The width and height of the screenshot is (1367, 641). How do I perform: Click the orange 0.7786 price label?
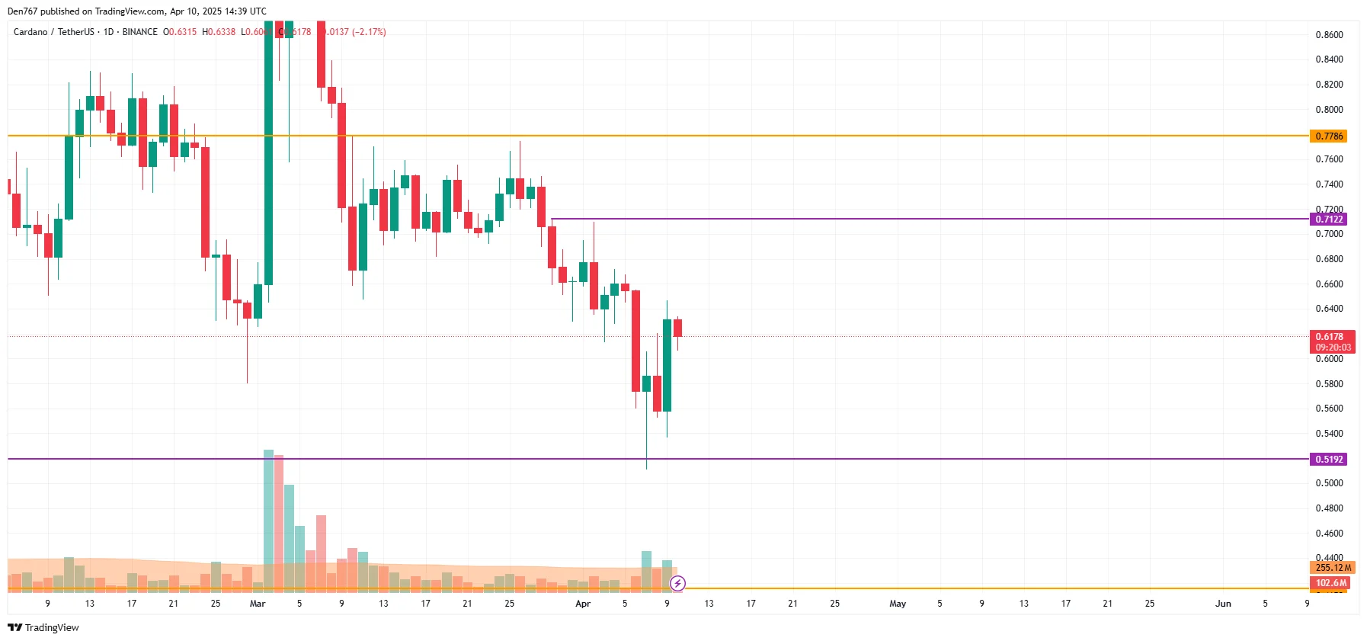(x=1329, y=136)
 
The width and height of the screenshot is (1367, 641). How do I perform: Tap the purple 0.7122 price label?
(x=1329, y=220)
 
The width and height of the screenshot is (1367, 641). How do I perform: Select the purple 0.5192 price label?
(x=1329, y=460)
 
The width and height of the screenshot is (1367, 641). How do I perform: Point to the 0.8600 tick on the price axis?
(x=1329, y=35)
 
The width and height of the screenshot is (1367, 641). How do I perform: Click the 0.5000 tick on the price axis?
(x=1329, y=483)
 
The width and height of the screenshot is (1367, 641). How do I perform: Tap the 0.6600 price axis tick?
(x=1329, y=284)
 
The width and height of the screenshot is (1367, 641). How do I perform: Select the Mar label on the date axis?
(x=258, y=604)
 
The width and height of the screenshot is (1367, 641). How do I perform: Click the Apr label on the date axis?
(x=583, y=604)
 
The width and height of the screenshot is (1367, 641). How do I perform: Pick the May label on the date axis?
(x=898, y=604)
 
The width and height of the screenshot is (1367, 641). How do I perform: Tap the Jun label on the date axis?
(x=1223, y=604)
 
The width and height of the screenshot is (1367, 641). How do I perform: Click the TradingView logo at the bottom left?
(x=43, y=627)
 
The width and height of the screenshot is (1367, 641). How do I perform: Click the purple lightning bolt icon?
(x=677, y=584)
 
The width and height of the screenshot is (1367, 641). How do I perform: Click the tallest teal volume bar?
(x=268, y=518)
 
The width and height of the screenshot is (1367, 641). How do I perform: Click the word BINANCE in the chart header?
(x=140, y=32)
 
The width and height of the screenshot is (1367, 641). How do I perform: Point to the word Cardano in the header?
(x=30, y=32)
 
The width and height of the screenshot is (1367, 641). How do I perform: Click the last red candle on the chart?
(x=677, y=328)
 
